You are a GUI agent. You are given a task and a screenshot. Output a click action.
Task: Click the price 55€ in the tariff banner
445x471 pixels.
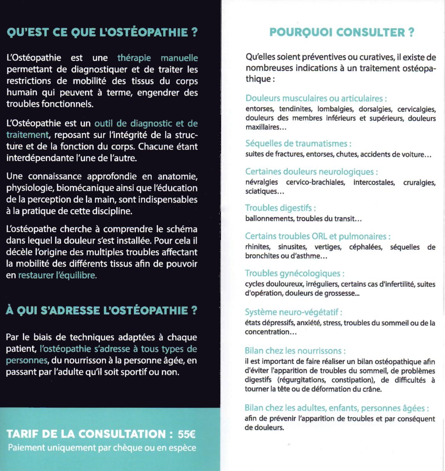click(x=186, y=434)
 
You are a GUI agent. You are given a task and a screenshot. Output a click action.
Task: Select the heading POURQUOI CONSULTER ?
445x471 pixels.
click(x=342, y=32)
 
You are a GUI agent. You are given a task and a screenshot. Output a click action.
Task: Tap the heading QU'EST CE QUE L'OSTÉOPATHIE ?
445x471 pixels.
click(x=102, y=32)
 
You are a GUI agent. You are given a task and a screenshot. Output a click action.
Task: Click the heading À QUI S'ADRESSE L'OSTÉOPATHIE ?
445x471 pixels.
click(x=101, y=310)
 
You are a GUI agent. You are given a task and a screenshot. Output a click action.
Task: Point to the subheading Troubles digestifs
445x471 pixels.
click(x=280, y=208)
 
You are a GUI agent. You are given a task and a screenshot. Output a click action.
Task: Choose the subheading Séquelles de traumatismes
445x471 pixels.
click(x=298, y=144)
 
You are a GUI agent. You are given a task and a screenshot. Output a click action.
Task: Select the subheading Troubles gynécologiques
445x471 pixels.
click(x=294, y=273)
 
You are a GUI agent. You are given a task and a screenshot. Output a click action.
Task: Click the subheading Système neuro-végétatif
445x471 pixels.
click(x=293, y=312)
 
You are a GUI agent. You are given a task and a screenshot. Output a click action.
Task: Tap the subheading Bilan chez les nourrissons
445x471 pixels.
click(x=295, y=351)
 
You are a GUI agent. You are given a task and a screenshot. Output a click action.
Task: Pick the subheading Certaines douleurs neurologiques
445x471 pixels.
click(x=311, y=172)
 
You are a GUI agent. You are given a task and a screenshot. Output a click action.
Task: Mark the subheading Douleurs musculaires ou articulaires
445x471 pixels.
click(x=316, y=98)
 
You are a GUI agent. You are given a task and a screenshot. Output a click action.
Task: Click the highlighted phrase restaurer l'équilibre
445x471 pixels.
click(x=58, y=275)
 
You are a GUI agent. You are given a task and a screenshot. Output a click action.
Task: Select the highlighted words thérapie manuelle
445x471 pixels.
click(x=158, y=58)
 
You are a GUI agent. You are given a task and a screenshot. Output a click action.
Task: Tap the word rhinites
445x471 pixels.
click(x=258, y=247)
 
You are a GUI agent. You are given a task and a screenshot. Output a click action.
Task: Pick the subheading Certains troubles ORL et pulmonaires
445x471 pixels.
click(x=317, y=236)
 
